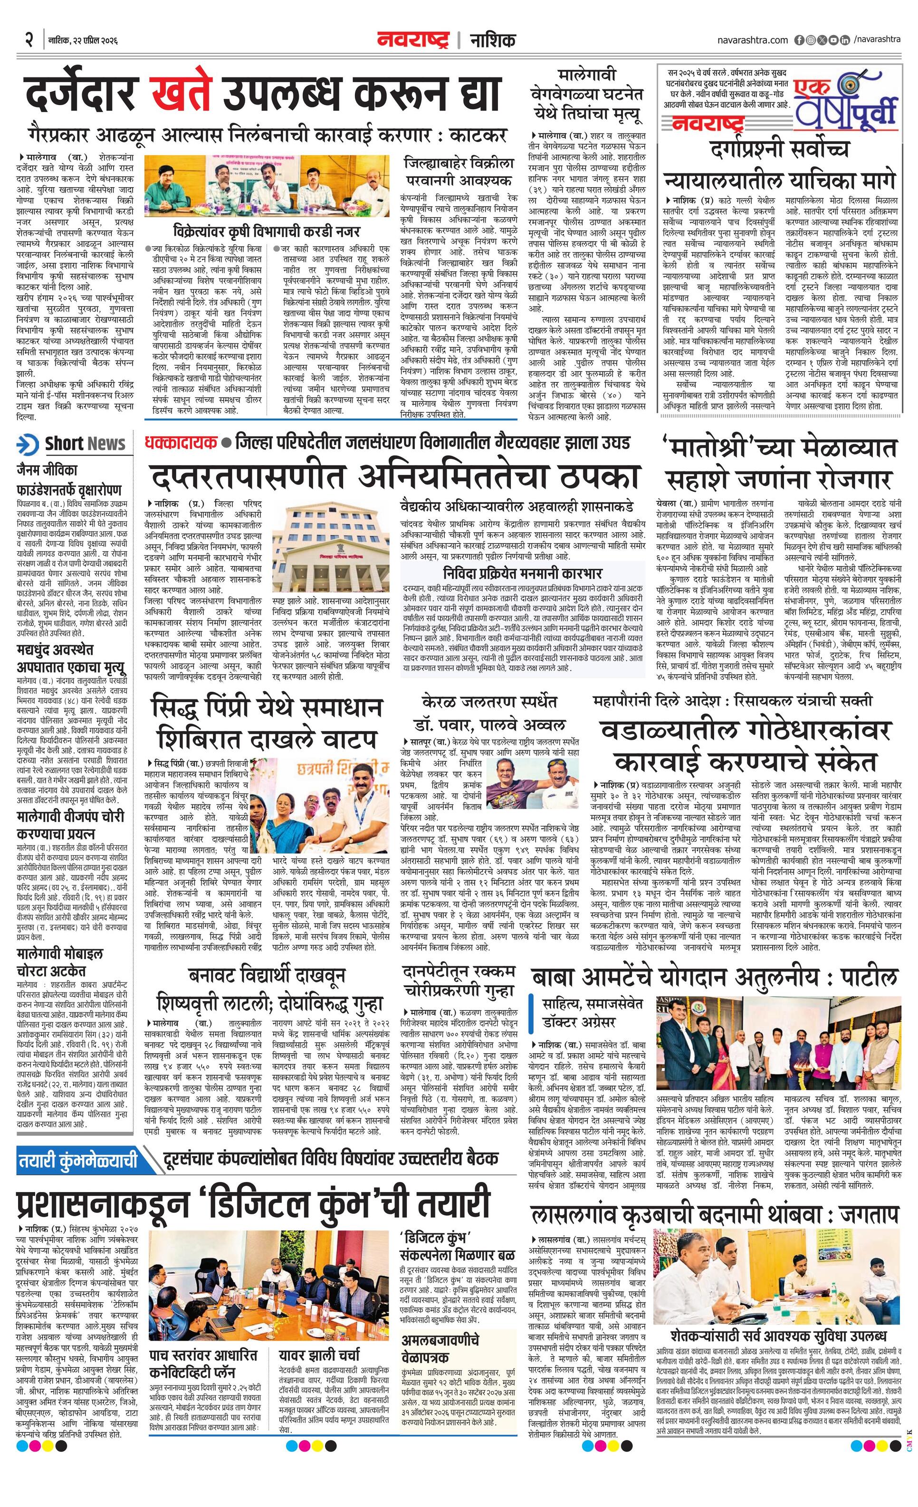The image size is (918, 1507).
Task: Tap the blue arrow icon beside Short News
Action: click(28, 444)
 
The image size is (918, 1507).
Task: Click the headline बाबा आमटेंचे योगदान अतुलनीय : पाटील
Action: click(714, 977)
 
